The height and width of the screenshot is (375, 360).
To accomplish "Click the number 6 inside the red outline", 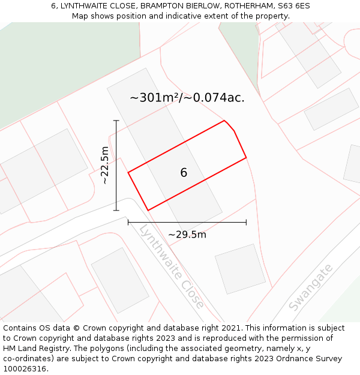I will [184, 173].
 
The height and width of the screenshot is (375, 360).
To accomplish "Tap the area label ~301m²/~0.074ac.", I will [187, 98].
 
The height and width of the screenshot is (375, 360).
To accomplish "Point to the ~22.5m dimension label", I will [104, 166].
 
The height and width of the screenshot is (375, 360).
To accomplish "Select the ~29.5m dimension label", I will [187, 235].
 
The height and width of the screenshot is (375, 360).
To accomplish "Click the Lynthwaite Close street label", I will [172, 266].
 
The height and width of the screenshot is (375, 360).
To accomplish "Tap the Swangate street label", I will [310, 289].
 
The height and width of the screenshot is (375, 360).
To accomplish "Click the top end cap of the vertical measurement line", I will [116, 121].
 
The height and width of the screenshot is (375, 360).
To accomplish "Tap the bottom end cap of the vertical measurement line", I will [116, 211].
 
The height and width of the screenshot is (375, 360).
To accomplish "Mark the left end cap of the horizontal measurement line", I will [128, 223].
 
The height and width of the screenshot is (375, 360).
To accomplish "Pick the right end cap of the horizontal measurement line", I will [246, 223].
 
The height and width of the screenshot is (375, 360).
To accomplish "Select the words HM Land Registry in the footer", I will [34, 349].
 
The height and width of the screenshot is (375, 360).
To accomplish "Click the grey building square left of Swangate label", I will [240, 268].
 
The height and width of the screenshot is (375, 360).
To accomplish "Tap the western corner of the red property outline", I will [128, 173].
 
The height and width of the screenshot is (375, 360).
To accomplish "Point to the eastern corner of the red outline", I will [246, 158].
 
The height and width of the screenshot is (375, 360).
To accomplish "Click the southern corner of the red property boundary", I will [148, 210].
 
